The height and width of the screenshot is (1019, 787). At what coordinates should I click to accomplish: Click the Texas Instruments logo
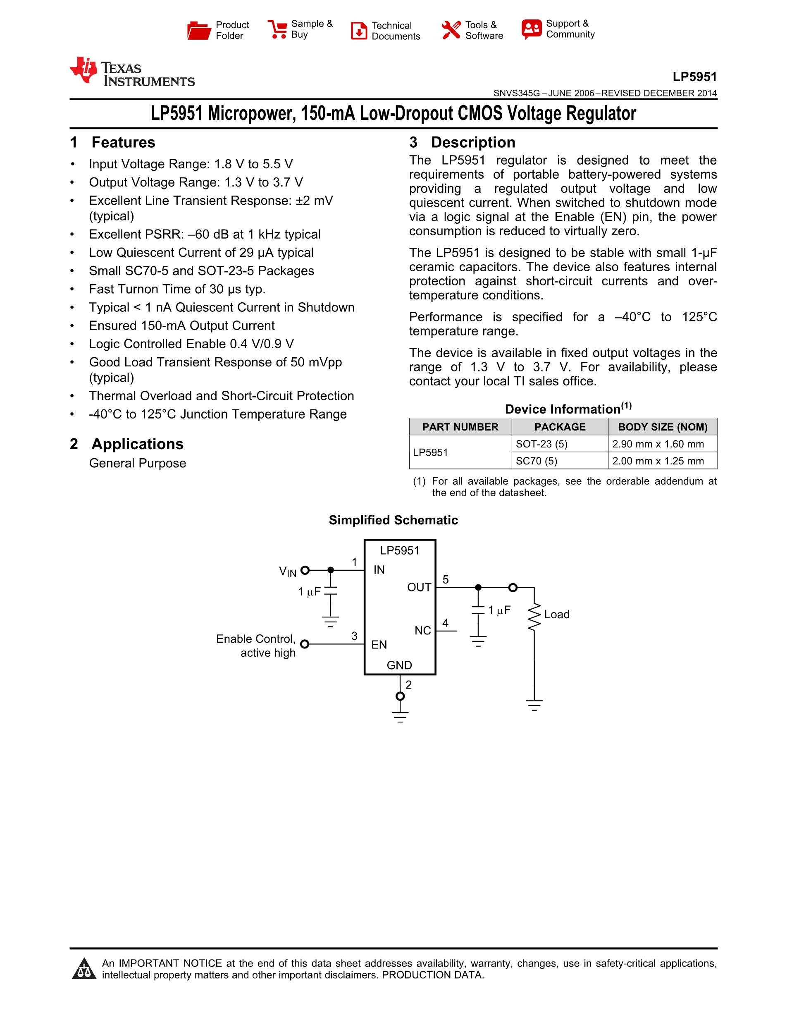[x=131, y=72]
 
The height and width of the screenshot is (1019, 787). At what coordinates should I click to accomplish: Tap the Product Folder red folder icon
[x=199, y=30]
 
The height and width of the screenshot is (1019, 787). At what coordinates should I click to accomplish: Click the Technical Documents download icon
[x=358, y=31]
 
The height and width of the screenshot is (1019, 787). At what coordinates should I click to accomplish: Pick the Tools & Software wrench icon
[x=451, y=30]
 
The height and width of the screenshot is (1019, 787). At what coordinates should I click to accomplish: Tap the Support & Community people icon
[x=532, y=29]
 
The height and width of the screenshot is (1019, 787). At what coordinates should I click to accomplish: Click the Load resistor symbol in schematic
[x=534, y=616]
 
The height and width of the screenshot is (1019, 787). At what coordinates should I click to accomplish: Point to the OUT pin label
[x=419, y=587]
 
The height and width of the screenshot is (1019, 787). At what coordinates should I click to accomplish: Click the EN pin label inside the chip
[x=379, y=645]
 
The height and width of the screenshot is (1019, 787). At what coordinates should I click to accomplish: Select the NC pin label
[x=422, y=631]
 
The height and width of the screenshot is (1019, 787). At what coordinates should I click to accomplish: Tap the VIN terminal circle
[x=305, y=570]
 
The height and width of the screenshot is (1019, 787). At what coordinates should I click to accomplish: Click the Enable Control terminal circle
[x=305, y=644]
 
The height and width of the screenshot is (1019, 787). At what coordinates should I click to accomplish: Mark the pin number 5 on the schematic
[x=445, y=579]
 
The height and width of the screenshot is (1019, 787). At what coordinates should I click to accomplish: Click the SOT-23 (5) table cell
[x=541, y=444]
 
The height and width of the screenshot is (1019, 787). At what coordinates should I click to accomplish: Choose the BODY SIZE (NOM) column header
[x=663, y=427]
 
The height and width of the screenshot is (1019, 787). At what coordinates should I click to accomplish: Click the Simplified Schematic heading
[x=393, y=520]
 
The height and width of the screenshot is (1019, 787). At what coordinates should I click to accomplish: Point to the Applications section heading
[x=137, y=444]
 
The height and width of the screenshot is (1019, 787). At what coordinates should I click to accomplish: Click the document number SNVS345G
[x=516, y=93]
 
